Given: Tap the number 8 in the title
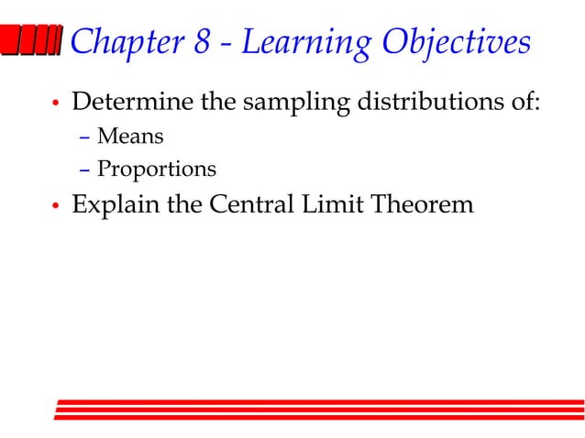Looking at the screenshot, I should pos(201,42).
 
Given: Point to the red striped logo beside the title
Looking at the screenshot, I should pos(33,41).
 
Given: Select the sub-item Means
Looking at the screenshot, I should pos(130,137).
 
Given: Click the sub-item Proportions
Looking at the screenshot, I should pos(157,170).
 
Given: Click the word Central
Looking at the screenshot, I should pos(250,204).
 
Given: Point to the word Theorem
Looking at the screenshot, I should pos(422,204).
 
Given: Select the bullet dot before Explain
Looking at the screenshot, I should pos(56,207).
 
